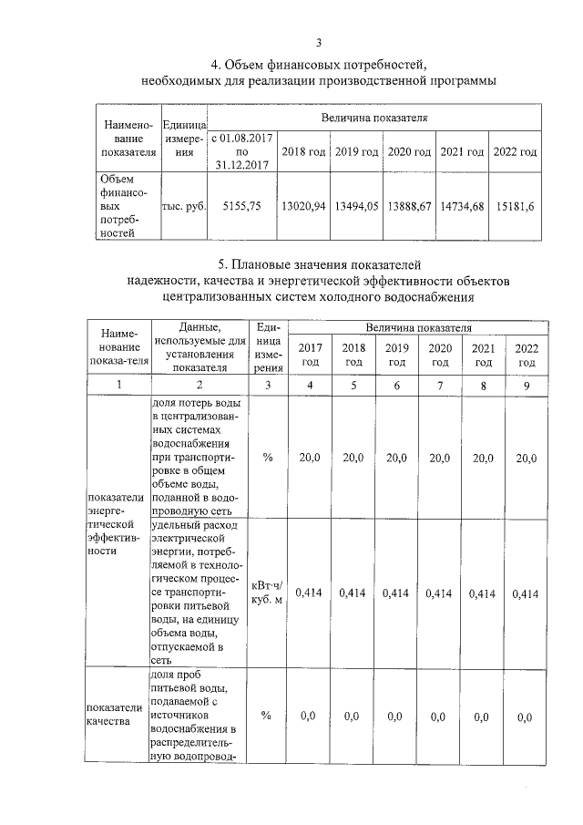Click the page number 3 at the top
point(319,42)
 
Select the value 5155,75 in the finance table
point(241,207)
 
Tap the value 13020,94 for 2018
point(303,207)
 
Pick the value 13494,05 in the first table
point(355,207)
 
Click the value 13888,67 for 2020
point(409,207)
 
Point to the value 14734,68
point(463,207)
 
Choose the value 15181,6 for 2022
point(516,207)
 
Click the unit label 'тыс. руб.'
point(183,207)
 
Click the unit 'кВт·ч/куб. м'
point(267,593)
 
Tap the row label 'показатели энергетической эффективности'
point(115,524)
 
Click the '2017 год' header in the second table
point(310,355)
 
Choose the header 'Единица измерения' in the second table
point(267,348)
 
